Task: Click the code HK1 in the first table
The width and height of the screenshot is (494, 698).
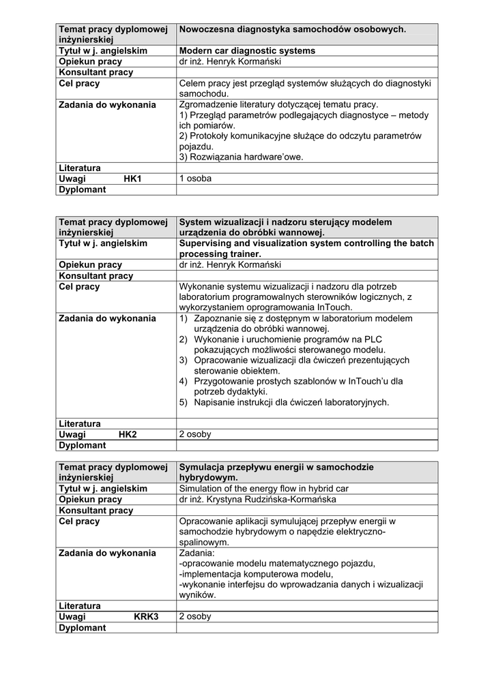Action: tap(132, 179)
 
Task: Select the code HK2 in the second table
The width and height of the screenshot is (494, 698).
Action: tap(128, 434)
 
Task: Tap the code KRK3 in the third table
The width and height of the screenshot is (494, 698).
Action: tap(146, 617)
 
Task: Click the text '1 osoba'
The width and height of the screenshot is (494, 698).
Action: tap(195, 179)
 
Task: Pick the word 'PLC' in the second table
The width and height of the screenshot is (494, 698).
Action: tap(373, 339)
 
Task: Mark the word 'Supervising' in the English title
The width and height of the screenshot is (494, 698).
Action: tap(207, 243)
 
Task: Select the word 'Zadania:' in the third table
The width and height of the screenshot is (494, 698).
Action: tap(197, 553)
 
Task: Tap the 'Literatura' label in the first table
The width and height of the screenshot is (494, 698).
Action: tap(80, 168)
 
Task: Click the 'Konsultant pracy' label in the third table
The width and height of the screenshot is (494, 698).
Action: tap(96, 511)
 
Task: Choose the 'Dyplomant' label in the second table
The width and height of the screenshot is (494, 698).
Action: tap(83, 445)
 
